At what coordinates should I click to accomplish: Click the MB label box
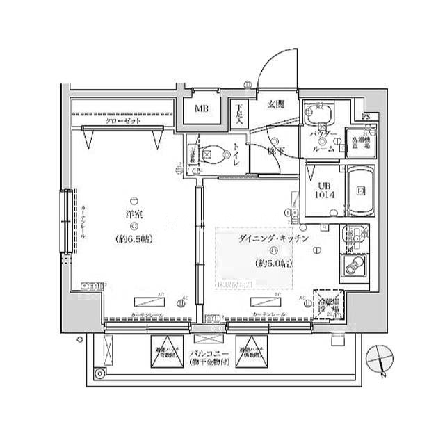(x=201, y=108)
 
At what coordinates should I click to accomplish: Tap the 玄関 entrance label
(x=275, y=106)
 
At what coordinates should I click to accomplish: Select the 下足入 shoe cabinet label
(x=239, y=113)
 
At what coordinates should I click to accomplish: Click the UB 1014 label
(x=325, y=191)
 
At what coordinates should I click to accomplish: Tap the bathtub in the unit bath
(x=360, y=191)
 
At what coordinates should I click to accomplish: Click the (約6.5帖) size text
(x=134, y=239)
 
